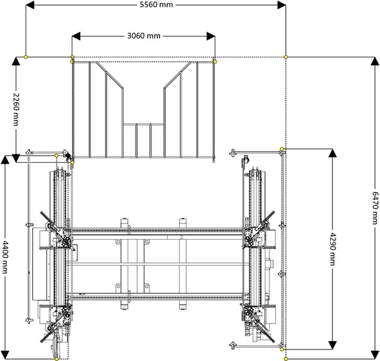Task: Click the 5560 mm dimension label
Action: pos(156,4)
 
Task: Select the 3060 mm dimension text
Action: pos(144,36)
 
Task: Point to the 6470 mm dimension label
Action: pos(375,208)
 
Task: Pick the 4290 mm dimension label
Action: pos(332,249)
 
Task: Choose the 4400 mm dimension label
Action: pos(4,257)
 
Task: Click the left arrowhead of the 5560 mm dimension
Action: pos(30,5)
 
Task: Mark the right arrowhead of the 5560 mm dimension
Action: pos(282,5)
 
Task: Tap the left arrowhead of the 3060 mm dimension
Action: pos(76,36)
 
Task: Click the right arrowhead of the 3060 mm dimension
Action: pos(211,36)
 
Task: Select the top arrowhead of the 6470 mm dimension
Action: pos(375,62)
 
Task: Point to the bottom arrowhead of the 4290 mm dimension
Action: pos(332,345)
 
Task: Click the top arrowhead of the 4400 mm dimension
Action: pos(5,160)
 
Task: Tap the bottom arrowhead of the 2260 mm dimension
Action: pos(16,158)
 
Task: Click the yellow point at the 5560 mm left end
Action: pos(26,57)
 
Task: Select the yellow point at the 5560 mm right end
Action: pos(286,57)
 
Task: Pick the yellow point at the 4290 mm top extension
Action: pos(282,149)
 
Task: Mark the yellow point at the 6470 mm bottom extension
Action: pos(286,359)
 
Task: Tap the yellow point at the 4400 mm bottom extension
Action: pos(57,359)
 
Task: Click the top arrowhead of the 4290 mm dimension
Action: pos(332,153)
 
